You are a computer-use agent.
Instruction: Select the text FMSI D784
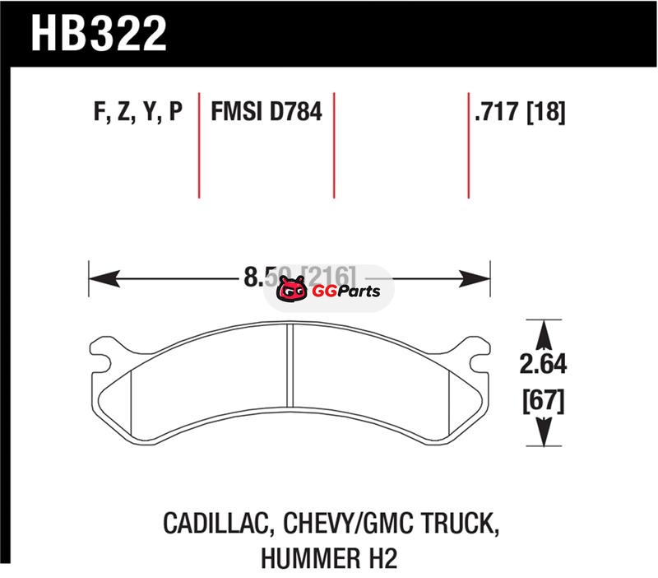(266, 112)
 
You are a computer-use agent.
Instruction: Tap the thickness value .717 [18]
(520, 112)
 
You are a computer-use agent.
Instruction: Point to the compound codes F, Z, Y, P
(138, 112)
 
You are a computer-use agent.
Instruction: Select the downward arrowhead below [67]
(542, 434)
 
